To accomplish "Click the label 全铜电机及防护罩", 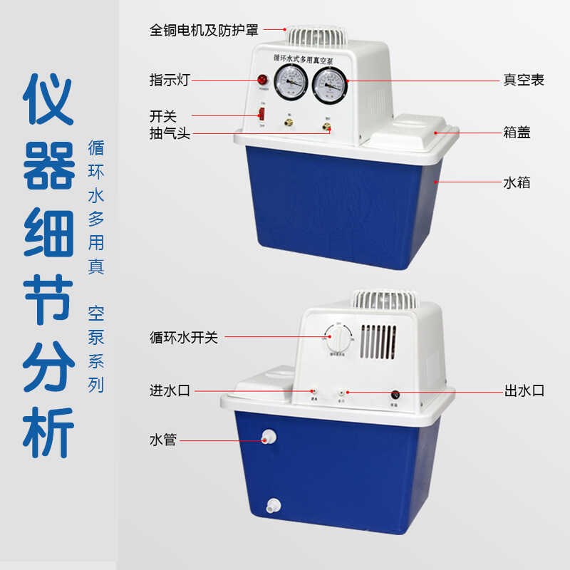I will coord(204,31).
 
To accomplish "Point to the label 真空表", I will coord(524,81).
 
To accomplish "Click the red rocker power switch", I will coord(261,114).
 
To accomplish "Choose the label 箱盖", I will coord(517,133).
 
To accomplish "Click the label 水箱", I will coord(517,183).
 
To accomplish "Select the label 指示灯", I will coord(169,81).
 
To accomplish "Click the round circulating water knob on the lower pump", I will coord(338,338).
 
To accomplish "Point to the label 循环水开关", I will coord(183,338).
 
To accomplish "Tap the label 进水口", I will coord(169,390).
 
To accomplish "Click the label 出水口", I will coord(524,390).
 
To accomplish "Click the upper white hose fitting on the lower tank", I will coord(269,437).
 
